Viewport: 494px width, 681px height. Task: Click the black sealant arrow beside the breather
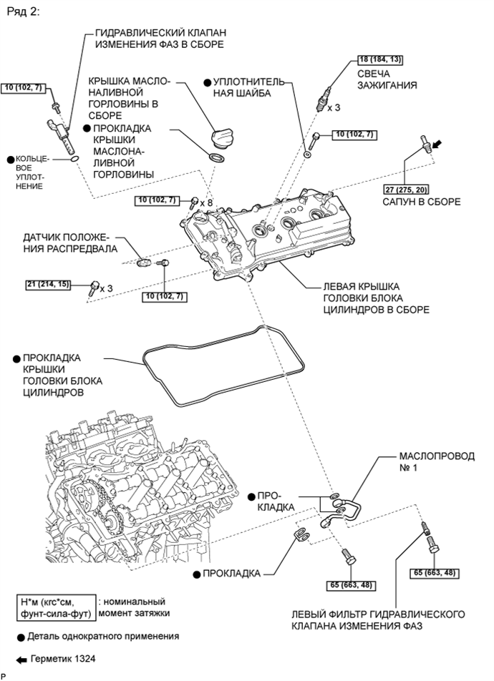click(x=438, y=144)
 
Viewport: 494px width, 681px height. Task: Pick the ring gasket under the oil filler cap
click(x=213, y=157)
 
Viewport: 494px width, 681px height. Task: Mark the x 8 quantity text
click(x=207, y=203)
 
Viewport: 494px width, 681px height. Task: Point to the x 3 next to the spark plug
click(x=334, y=108)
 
